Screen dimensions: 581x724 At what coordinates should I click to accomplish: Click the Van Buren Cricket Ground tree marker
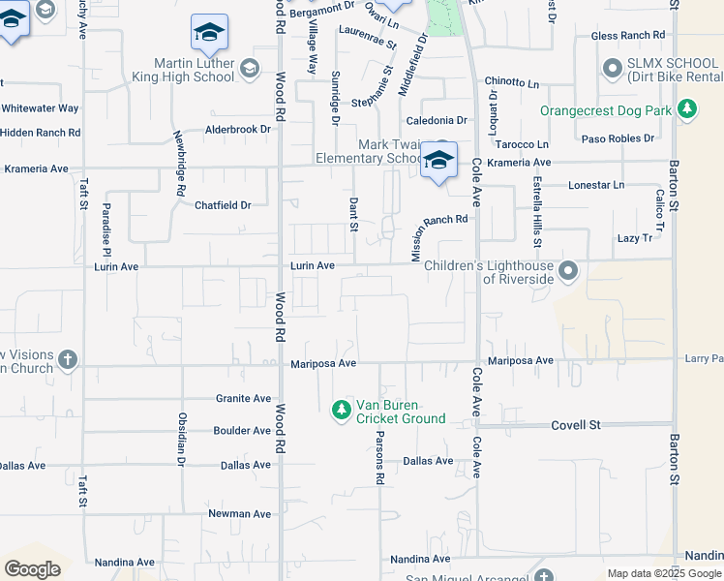(x=341, y=412)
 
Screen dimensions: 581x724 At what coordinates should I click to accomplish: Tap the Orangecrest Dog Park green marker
(x=687, y=110)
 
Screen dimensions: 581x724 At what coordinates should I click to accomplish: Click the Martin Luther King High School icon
(x=251, y=68)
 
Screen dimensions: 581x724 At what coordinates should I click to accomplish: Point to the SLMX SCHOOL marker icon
(x=612, y=69)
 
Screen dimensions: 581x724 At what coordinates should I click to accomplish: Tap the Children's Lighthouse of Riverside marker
(x=568, y=271)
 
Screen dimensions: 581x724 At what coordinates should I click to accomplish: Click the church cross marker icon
(x=67, y=361)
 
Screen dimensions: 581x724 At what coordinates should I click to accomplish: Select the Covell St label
(x=577, y=425)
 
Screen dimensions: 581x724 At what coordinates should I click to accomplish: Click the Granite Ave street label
(x=243, y=398)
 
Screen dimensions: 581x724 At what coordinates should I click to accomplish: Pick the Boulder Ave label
(x=242, y=431)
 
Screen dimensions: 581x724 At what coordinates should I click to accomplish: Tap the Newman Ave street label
(x=241, y=514)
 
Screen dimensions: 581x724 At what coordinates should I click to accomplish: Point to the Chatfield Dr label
(x=223, y=205)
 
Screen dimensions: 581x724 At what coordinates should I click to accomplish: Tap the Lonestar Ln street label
(x=597, y=184)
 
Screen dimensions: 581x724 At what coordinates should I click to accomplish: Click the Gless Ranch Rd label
(x=629, y=36)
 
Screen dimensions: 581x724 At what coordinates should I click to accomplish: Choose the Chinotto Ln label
(x=512, y=82)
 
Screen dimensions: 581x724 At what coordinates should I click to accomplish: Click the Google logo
(x=32, y=569)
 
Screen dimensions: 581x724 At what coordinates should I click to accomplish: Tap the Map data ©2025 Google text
(x=664, y=573)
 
